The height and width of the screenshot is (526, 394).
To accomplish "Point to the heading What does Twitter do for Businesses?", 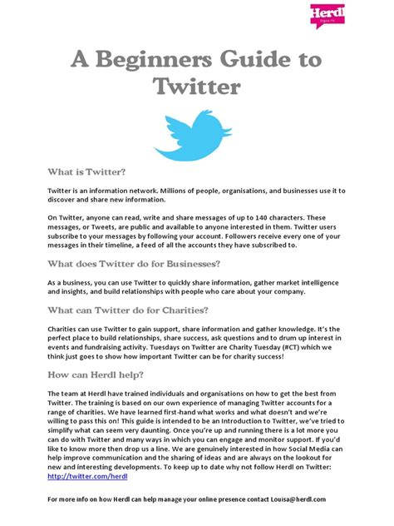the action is [x=134, y=263].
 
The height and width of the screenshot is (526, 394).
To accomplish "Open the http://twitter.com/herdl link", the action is [x=81, y=476].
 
